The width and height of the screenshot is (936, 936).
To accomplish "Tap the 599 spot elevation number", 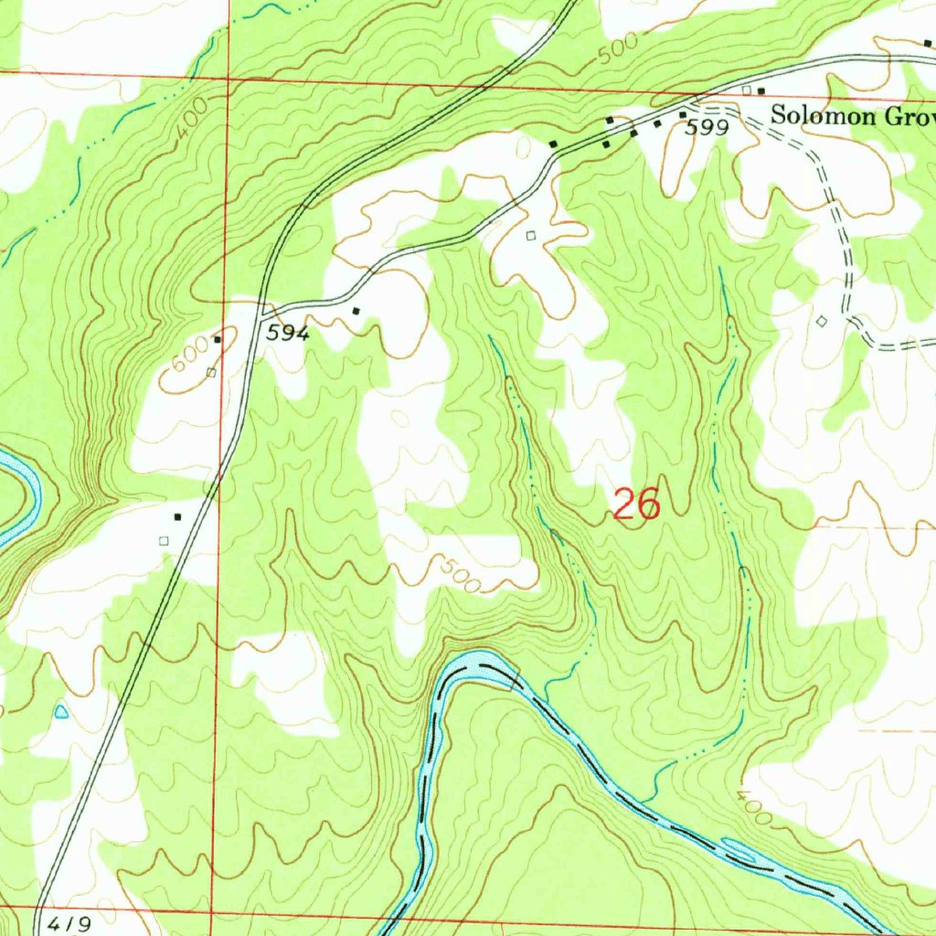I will click(707, 128).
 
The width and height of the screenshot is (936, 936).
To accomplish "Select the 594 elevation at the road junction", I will click(288, 335).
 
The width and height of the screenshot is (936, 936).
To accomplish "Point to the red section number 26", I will click(636, 505).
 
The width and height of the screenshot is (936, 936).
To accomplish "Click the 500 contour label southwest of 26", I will click(459, 574).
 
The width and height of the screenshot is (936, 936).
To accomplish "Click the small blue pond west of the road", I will click(61, 710).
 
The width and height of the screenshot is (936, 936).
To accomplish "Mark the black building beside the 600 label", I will click(218, 340).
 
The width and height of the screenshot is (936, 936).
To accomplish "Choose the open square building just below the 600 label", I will click(211, 372).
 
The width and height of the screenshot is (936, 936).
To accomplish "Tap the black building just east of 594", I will click(356, 311).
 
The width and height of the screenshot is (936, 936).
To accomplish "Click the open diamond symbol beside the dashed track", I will click(821, 321).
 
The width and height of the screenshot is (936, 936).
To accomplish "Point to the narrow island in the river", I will click(739, 851).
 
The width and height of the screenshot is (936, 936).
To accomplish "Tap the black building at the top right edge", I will click(928, 43).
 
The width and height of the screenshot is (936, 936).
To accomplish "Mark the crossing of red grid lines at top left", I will click(226, 79).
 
